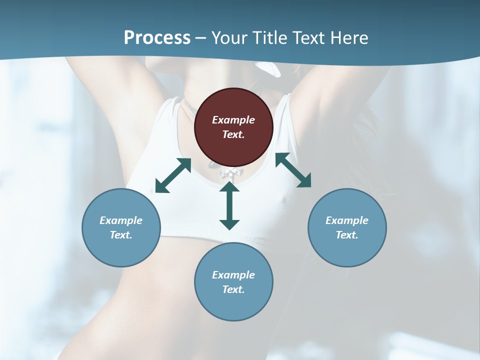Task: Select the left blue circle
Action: pyautogui.click(x=121, y=227)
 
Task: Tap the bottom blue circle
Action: pyautogui.click(x=233, y=281)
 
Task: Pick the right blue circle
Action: pyautogui.click(x=347, y=227)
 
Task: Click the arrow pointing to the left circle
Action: pyautogui.click(x=173, y=175)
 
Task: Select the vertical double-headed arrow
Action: pyautogui.click(x=229, y=205)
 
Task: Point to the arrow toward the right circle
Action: pyautogui.click(x=293, y=170)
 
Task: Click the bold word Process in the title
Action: pyautogui.click(x=157, y=37)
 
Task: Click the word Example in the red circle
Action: pyautogui.click(x=233, y=120)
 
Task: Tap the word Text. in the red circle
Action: pyautogui.click(x=233, y=134)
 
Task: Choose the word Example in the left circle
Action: pyautogui.click(x=121, y=220)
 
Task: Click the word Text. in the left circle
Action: pyautogui.click(x=121, y=235)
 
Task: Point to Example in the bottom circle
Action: pyautogui.click(x=233, y=275)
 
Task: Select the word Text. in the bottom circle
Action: pyautogui.click(x=233, y=289)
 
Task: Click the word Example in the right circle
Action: pyautogui.click(x=347, y=220)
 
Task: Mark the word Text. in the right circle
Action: pyautogui.click(x=347, y=235)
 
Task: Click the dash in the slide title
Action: pyautogui.click(x=201, y=38)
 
